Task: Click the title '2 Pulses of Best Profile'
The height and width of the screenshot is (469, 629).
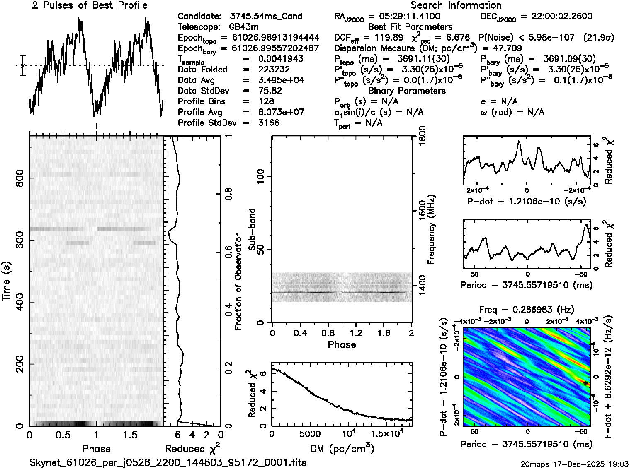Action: (90, 5)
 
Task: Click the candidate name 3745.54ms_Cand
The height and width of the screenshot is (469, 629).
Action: (265, 17)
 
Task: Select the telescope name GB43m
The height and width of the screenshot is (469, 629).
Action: (245, 27)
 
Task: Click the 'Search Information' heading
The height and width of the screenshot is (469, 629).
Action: (456, 5)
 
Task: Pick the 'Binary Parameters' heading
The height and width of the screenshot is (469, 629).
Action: (407, 91)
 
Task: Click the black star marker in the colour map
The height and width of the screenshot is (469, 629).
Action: (585, 383)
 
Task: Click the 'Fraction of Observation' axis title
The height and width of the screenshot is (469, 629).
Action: (238, 281)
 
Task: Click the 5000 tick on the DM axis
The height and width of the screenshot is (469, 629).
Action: (310, 434)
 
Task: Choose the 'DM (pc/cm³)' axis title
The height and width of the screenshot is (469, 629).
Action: (342, 449)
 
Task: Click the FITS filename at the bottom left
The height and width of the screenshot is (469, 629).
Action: (168, 462)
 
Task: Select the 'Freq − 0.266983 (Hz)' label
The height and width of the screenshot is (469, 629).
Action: (527, 310)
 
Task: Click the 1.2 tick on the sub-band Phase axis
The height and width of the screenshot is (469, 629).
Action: (356, 333)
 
